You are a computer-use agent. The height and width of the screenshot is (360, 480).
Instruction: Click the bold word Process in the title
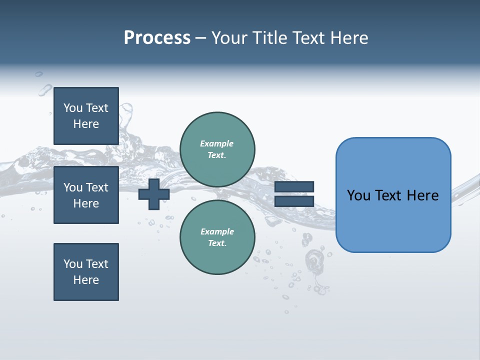coord(157,38)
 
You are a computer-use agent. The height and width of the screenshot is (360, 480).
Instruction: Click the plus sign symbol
coord(153,194)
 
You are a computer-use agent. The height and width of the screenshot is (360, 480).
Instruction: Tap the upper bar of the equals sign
coord(294,187)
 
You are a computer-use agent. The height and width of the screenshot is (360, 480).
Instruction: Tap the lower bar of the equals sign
coord(294,201)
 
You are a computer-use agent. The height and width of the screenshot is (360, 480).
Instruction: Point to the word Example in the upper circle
coord(217,144)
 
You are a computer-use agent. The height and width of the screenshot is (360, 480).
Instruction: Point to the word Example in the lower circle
coord(217,232)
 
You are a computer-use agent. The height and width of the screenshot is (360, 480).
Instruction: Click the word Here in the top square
coord(86,124)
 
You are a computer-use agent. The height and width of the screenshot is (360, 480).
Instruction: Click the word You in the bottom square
coord(73,264)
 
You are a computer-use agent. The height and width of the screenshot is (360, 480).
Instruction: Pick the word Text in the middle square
coord(96,187)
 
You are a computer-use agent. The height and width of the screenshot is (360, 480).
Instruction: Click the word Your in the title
coord(230,38)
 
